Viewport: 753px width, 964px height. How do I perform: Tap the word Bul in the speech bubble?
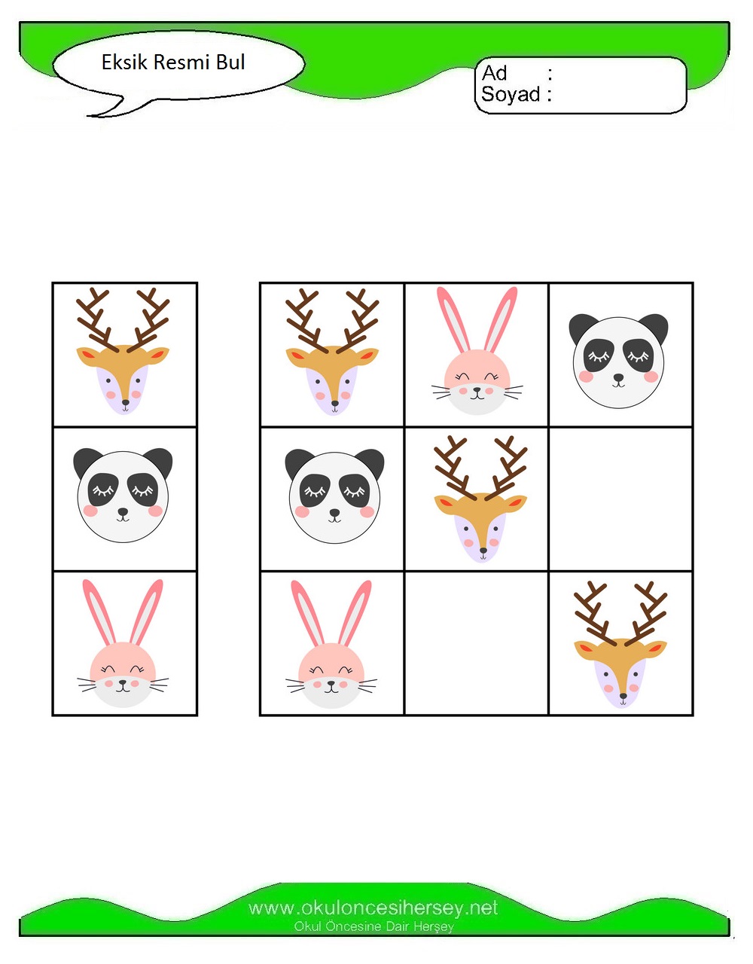click(230, 62)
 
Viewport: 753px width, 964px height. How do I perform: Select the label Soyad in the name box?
click(511, 94)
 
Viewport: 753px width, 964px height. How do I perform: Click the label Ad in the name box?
click(495, 73)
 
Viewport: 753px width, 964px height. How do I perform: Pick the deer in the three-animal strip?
click(123, 351)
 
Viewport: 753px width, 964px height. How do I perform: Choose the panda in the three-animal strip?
click(123, 495)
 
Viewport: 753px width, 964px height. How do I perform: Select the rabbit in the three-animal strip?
click(123, 643)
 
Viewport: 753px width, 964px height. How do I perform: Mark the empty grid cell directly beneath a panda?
click(620, 499)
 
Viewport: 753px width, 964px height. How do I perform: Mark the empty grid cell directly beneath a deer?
click(477, 643)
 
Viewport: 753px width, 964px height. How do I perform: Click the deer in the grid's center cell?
click(480, 499)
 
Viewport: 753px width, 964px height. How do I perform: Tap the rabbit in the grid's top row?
click(477, 350)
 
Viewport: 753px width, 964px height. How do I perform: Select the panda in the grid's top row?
click(619, 361)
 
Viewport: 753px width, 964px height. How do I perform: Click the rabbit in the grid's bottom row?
click(331, 644)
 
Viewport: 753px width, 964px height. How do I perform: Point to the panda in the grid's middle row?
click(335, 496)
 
